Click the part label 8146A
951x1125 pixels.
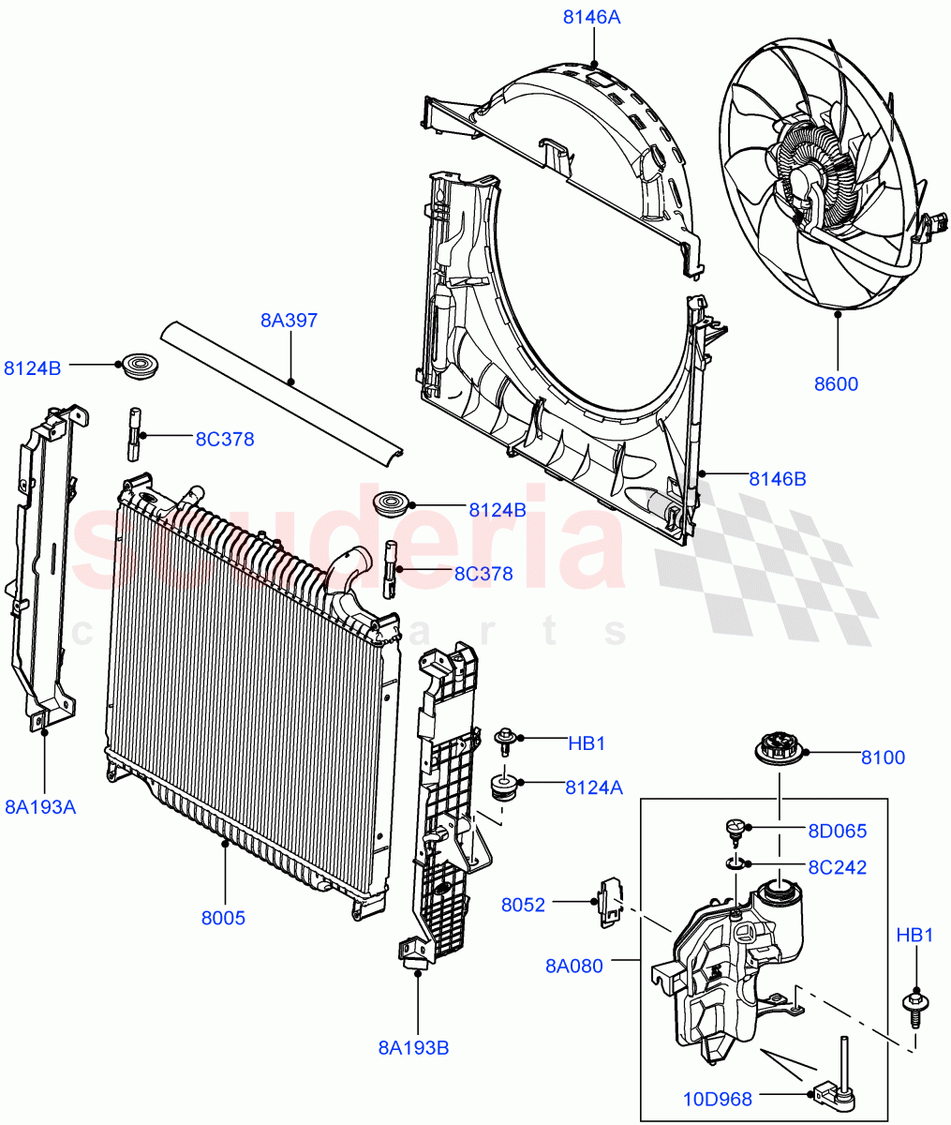pos(591,17)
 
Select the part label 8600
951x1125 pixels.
pos(836,383)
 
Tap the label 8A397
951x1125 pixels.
pos(289,321)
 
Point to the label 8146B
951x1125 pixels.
pos(777,479)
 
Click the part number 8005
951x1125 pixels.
pos(223,918)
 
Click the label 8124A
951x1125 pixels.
pos(593,787)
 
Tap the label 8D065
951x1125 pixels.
pos(837,831)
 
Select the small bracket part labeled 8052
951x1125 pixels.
pos(610,901)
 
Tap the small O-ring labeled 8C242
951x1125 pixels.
pos(736,862)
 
